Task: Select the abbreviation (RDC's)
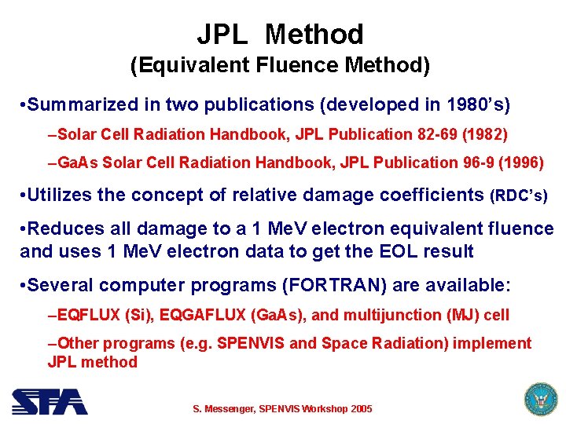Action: [519, 195]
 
